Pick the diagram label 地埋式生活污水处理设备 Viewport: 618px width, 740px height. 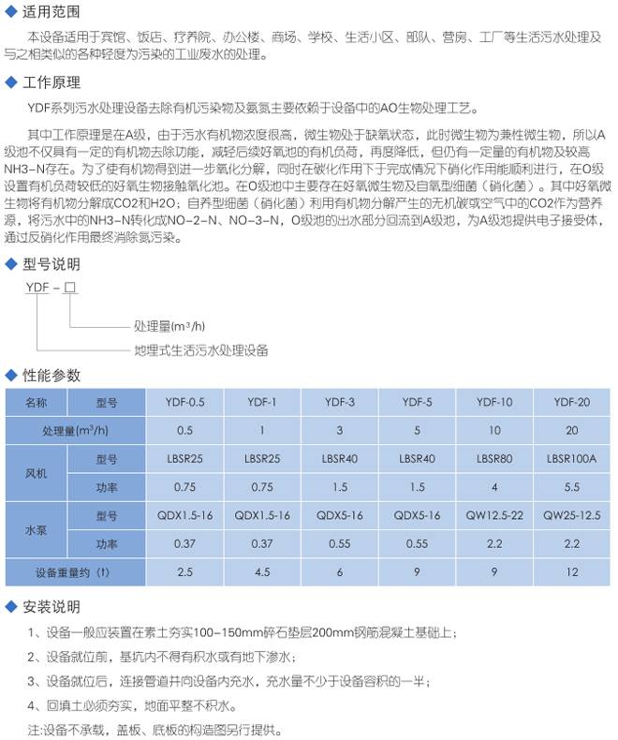(201, 350)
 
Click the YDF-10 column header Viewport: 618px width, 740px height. (493, 402)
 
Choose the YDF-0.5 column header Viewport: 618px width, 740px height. (184, 402)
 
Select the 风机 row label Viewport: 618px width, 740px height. (35, 474)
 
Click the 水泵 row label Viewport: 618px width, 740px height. (35, 529)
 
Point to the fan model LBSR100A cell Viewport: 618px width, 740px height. (571, 460)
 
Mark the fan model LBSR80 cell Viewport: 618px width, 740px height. (493, 460)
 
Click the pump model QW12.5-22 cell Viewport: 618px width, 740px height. (493, 515)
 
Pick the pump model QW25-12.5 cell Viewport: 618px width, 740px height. (571, 515)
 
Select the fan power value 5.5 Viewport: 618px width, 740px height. (571, 487)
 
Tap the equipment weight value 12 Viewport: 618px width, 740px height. (571, 571)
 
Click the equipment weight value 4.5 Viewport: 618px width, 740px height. (261, 571)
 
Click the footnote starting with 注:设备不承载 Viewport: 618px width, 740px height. (154, 729)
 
